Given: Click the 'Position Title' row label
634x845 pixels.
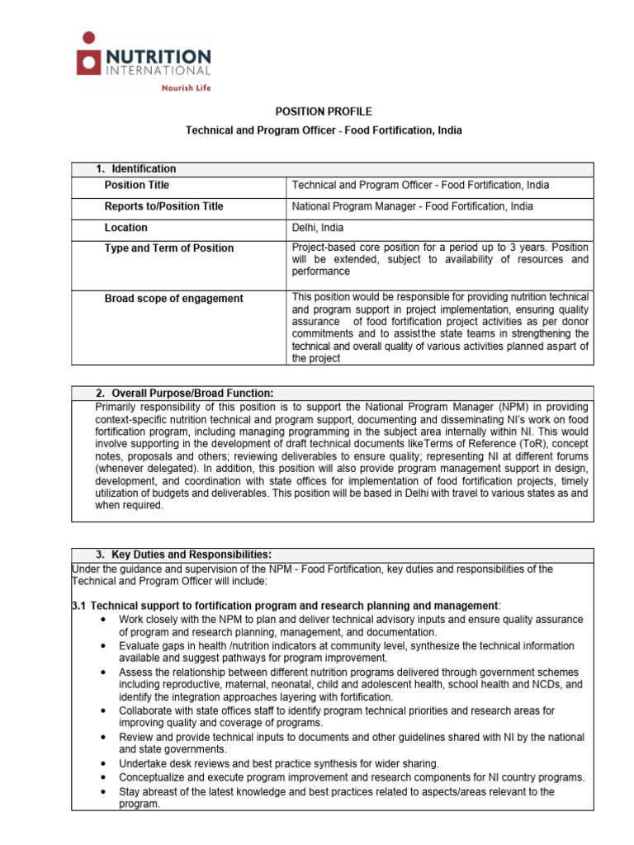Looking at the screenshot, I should (137, 186).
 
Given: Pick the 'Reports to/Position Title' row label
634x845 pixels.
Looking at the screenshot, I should (163, 206).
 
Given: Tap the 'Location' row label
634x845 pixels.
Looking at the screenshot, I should (126, 228).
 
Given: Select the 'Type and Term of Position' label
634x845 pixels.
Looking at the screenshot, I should (168, 248).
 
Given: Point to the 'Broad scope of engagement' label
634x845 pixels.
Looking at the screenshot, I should (173, 299).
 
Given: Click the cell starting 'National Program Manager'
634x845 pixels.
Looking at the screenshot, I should (413, 206).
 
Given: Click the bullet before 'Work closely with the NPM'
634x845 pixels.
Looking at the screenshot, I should (102, 620).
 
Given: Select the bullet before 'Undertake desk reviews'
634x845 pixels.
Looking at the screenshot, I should (102, 763).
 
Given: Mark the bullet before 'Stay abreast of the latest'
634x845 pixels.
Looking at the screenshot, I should (102, 791).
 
